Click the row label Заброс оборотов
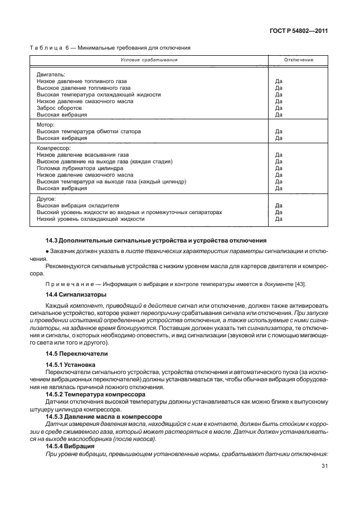(57, 108)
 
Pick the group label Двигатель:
(51, 74)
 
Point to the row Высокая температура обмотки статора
(89, 132)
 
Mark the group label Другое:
(46, 198)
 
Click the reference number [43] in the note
(299, 285)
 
